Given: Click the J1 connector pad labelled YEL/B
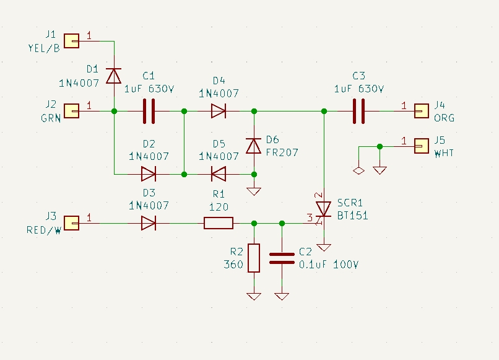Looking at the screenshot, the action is point(72,41).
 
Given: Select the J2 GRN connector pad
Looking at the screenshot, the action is point(72,111).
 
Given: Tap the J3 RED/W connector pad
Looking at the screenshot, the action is point(72,223).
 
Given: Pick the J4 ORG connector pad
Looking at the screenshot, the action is point(422,111).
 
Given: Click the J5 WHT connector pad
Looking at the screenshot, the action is point(422,146).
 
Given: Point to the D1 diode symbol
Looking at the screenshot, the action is point(114,76).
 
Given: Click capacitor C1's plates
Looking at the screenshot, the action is point(149,111).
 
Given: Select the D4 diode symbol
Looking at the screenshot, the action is point(219,111).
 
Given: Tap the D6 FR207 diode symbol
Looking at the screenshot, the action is point(254,146).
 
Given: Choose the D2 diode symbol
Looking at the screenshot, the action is point(149,174).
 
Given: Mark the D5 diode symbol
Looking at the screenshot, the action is point(219,174).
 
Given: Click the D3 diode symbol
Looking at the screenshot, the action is point(149,223).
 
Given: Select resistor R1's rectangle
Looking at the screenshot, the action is point(219,223).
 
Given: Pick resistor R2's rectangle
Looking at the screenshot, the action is point(254,258).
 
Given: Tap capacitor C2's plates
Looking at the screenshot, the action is point(282,258).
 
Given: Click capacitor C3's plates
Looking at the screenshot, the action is point(359,111).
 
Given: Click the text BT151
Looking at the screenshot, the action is point(353,216).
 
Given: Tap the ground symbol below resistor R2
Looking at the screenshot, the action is point(254,296).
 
